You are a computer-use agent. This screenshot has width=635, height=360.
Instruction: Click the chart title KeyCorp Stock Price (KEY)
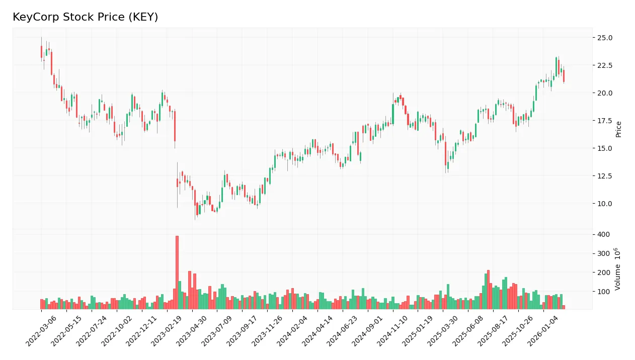pos(85,17)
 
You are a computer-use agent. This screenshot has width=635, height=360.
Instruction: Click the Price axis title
pos(619,129)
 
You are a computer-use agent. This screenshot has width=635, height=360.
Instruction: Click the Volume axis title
pos(618,268)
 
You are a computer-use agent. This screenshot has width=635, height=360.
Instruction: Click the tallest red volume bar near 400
pos(177,272)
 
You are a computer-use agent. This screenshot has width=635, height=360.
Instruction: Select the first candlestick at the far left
pos(41,52)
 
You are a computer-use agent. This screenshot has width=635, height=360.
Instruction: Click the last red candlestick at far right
pos(564,76)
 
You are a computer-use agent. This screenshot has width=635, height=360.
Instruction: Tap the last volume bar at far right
pos(564,307)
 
